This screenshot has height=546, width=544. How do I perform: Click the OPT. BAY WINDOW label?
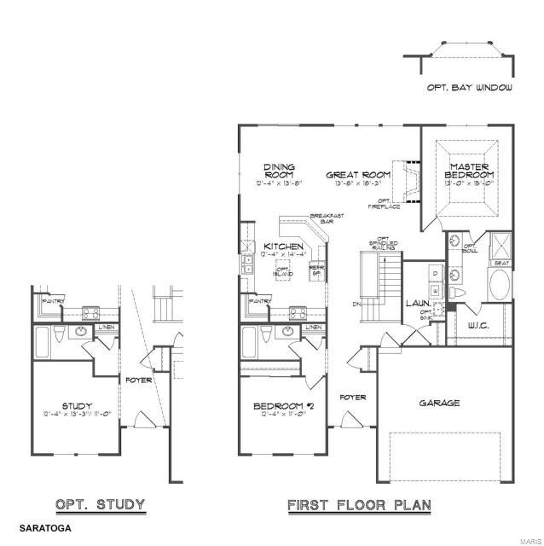click(470, 88)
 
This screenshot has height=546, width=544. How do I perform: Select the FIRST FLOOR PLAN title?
click(359, 505)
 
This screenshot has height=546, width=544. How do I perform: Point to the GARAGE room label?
click(440, 403)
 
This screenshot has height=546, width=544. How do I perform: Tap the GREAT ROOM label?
click(358, 175)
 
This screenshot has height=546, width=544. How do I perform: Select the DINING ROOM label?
click(279, 171)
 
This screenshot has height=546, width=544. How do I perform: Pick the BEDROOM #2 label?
click(285, 406)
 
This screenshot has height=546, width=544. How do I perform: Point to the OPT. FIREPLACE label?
click(379, 204)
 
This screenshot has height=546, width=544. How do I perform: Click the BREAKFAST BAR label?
click(327, 218)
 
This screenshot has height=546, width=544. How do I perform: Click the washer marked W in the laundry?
click(434, 291)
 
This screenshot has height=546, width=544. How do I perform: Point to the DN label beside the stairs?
click(356, 304)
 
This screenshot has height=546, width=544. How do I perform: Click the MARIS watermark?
click(527, 538)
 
